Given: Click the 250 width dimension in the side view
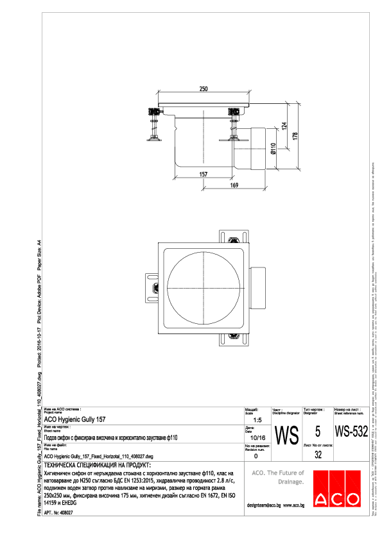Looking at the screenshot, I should [x=204, y=88].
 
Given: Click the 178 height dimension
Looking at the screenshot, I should [x=295, y=137].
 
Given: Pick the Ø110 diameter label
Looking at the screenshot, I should [x=273, y=149].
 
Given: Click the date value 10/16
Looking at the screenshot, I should [x=257, y=437].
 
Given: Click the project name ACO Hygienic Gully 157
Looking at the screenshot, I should [x=76, y=419].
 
